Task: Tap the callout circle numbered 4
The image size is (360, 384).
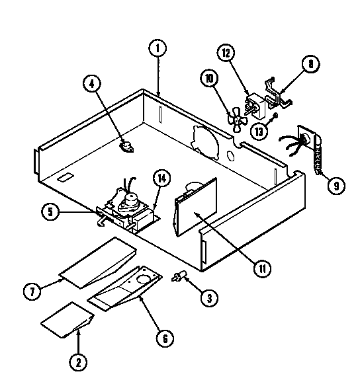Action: pyautogui.click(x=93, y=83)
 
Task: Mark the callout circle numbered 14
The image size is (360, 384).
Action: pyautogui.click(x=161, y=178)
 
